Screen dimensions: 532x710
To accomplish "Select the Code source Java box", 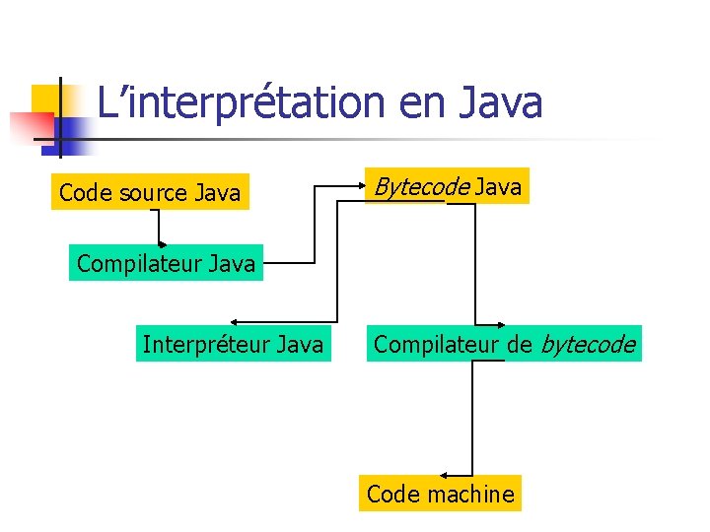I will pyautogui.click(x=150, y=193).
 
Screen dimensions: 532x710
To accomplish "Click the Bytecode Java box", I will pyautogui.click(x=446, y=186).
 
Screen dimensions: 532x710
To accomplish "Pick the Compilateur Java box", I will pyautogui.click(x=166, y=264).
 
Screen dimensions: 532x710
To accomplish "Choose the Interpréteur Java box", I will pyautogui.click(x=233, y=345).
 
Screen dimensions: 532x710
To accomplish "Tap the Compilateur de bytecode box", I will pyautogui.click(x=503, y=345).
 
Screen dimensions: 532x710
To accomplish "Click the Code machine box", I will pyautogui.click(x=440, y=494).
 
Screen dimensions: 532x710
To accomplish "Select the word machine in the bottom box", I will pyautogui.click(x=469, y=494).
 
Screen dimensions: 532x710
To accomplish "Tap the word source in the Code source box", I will pyautogui.click(x=151, y=193).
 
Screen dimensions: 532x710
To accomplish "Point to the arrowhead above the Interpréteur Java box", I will pyautogui.click(x=234, y=321).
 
